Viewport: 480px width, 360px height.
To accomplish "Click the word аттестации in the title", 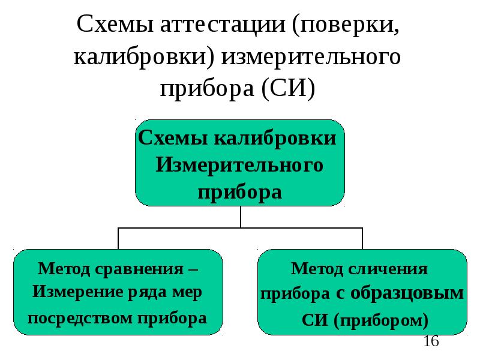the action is [x=223, y=25].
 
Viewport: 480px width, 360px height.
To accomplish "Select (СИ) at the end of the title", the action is [x=288, y=89].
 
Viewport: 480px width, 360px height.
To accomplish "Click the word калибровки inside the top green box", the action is [x=275, y=138].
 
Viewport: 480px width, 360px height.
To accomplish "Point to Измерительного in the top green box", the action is [x=239, y=166].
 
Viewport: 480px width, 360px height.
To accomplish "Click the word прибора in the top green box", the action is [x=239, y=193].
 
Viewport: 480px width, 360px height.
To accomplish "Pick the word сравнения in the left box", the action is [x=139, y=269].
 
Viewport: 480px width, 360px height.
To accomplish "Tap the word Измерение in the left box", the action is [x=78, y=292].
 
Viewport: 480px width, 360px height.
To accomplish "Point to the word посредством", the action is [x=80, y=319].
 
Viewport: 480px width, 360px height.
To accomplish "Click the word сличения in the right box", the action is [x=388, y=269].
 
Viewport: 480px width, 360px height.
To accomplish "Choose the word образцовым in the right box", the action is [x=407, y=293].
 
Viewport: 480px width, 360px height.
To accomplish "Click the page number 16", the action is [x=431, y=341].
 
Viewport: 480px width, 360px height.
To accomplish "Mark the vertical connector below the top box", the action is [x=241, y=217].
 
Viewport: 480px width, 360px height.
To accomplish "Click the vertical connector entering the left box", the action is [x=118, y=238].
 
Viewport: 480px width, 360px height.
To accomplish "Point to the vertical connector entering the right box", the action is [x=362, y=238].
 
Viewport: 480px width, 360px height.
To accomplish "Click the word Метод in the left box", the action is [x=64, y=269].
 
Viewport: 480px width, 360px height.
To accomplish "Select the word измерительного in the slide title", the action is [x=311, y=57].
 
